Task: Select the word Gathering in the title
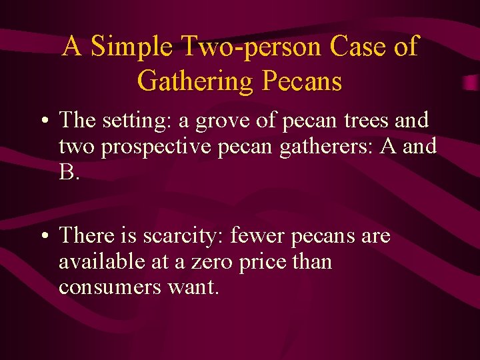(x=195, y=81)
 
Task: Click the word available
(x=102, y=261)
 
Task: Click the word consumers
(x=110, y=288)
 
